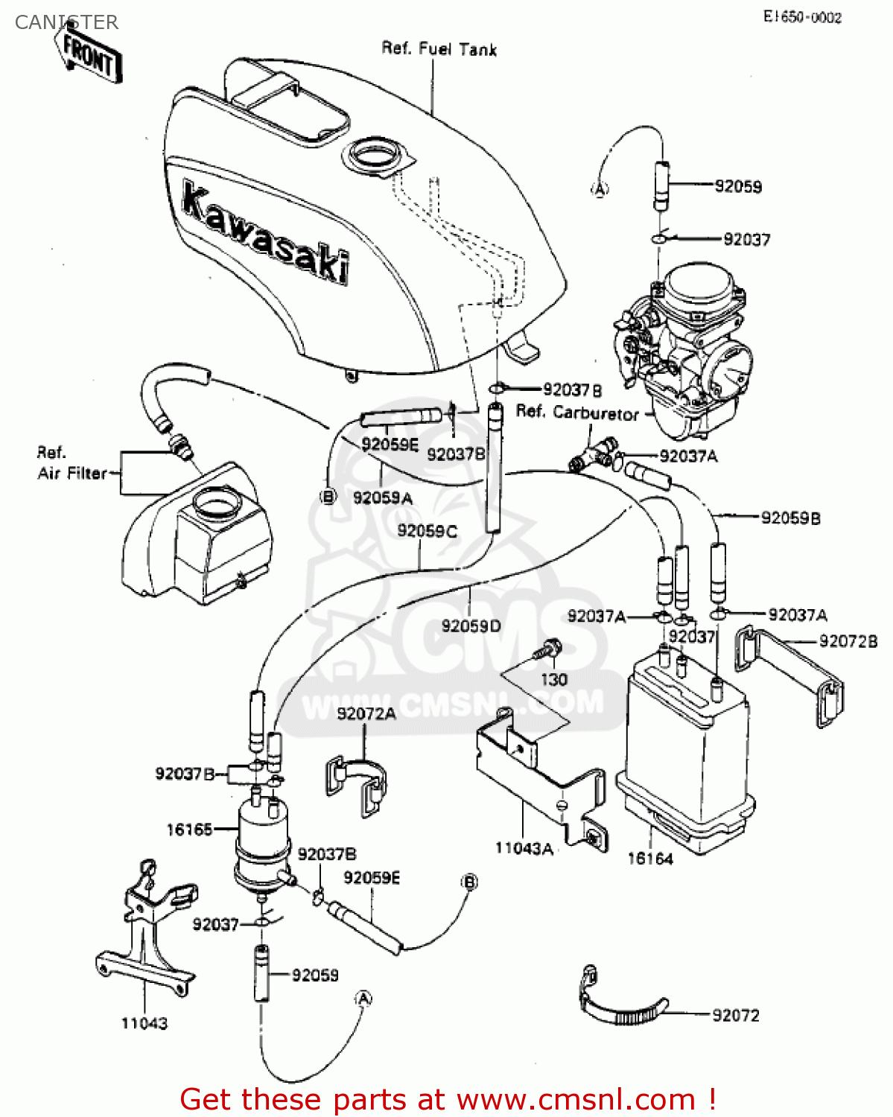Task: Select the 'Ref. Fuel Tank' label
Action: click(439, 49)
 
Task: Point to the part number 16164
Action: click(649, 859)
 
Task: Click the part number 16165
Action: click(189, 829)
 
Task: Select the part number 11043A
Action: click(524, 848)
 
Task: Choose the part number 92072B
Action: click(848, 641)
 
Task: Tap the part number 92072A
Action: click(366, 713)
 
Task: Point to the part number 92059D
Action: click(471, 626)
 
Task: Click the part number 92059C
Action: click(427, 531)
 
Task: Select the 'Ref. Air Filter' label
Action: click(71, 463)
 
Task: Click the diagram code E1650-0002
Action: click(802, 18)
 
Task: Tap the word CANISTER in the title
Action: click(66, 22)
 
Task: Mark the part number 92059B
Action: click(790, 518)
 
